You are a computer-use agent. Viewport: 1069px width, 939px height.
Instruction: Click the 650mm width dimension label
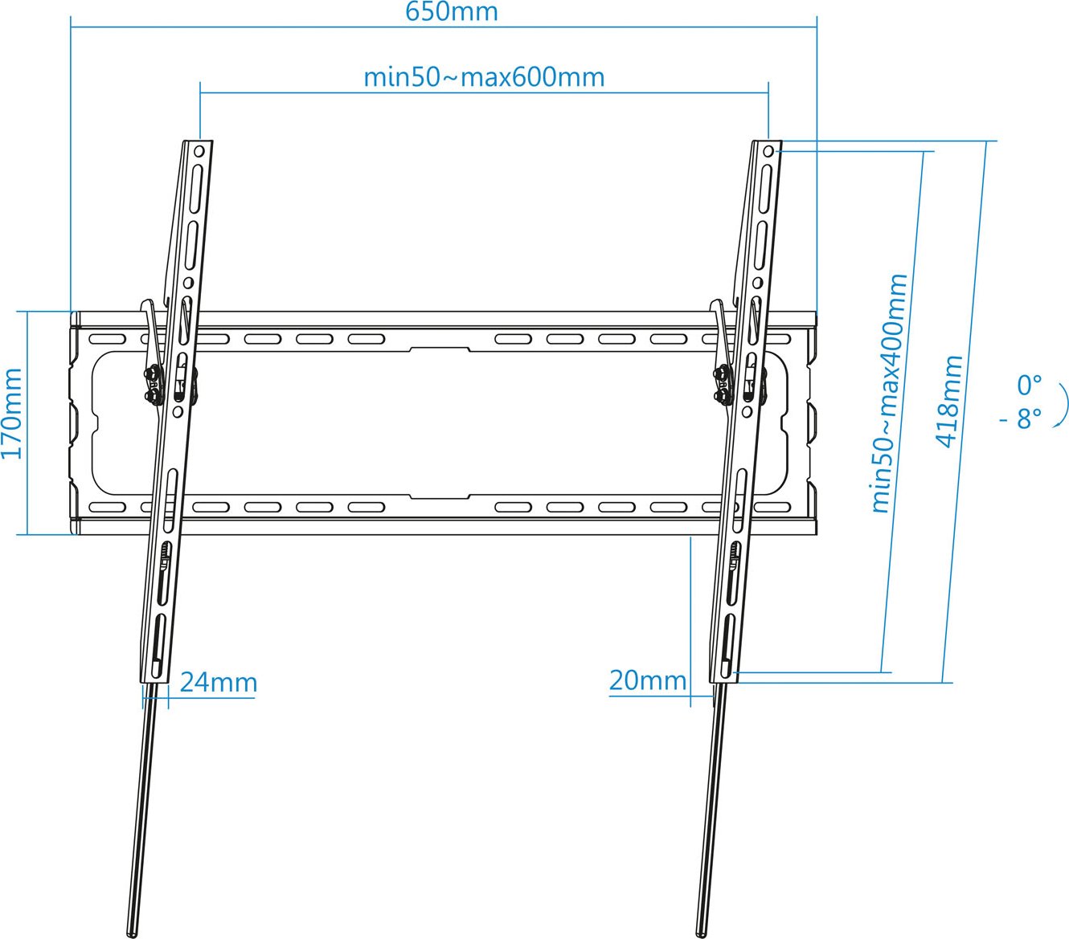[x=452, y=11]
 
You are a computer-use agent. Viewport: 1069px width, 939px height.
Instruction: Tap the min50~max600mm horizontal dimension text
[x=484, y=77]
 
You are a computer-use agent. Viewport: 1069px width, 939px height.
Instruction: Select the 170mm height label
[x=11, y=414]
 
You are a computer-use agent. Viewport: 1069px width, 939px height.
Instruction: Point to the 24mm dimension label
[x=219, y=682]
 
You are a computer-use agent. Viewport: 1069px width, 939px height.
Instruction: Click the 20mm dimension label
[x=647, y=680]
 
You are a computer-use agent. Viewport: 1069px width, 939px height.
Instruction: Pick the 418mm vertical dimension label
[x=949, y=402]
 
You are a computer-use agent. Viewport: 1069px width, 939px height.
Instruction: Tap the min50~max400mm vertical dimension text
[x=890, y=394]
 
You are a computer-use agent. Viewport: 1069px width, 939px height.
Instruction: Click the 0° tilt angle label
[x=1029, y=386]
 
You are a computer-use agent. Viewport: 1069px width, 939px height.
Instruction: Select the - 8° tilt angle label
[x=1021, y=419]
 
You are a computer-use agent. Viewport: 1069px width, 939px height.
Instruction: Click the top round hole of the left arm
[x=199, y=151]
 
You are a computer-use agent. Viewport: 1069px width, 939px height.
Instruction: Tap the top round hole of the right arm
[x=768, y=152]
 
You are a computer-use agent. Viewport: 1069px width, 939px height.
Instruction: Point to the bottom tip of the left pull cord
[x=132, y=935]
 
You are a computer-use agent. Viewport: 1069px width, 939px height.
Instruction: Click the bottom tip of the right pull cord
[x=701, y=935]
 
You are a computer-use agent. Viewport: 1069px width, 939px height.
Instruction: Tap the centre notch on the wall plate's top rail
[x=440, y=349]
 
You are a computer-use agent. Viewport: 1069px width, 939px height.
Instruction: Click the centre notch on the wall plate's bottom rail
[x=440, y=496]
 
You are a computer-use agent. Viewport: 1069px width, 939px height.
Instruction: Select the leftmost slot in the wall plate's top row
[x=107, y=339]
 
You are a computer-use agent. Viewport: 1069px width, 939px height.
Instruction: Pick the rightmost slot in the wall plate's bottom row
[x=772, y=507]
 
